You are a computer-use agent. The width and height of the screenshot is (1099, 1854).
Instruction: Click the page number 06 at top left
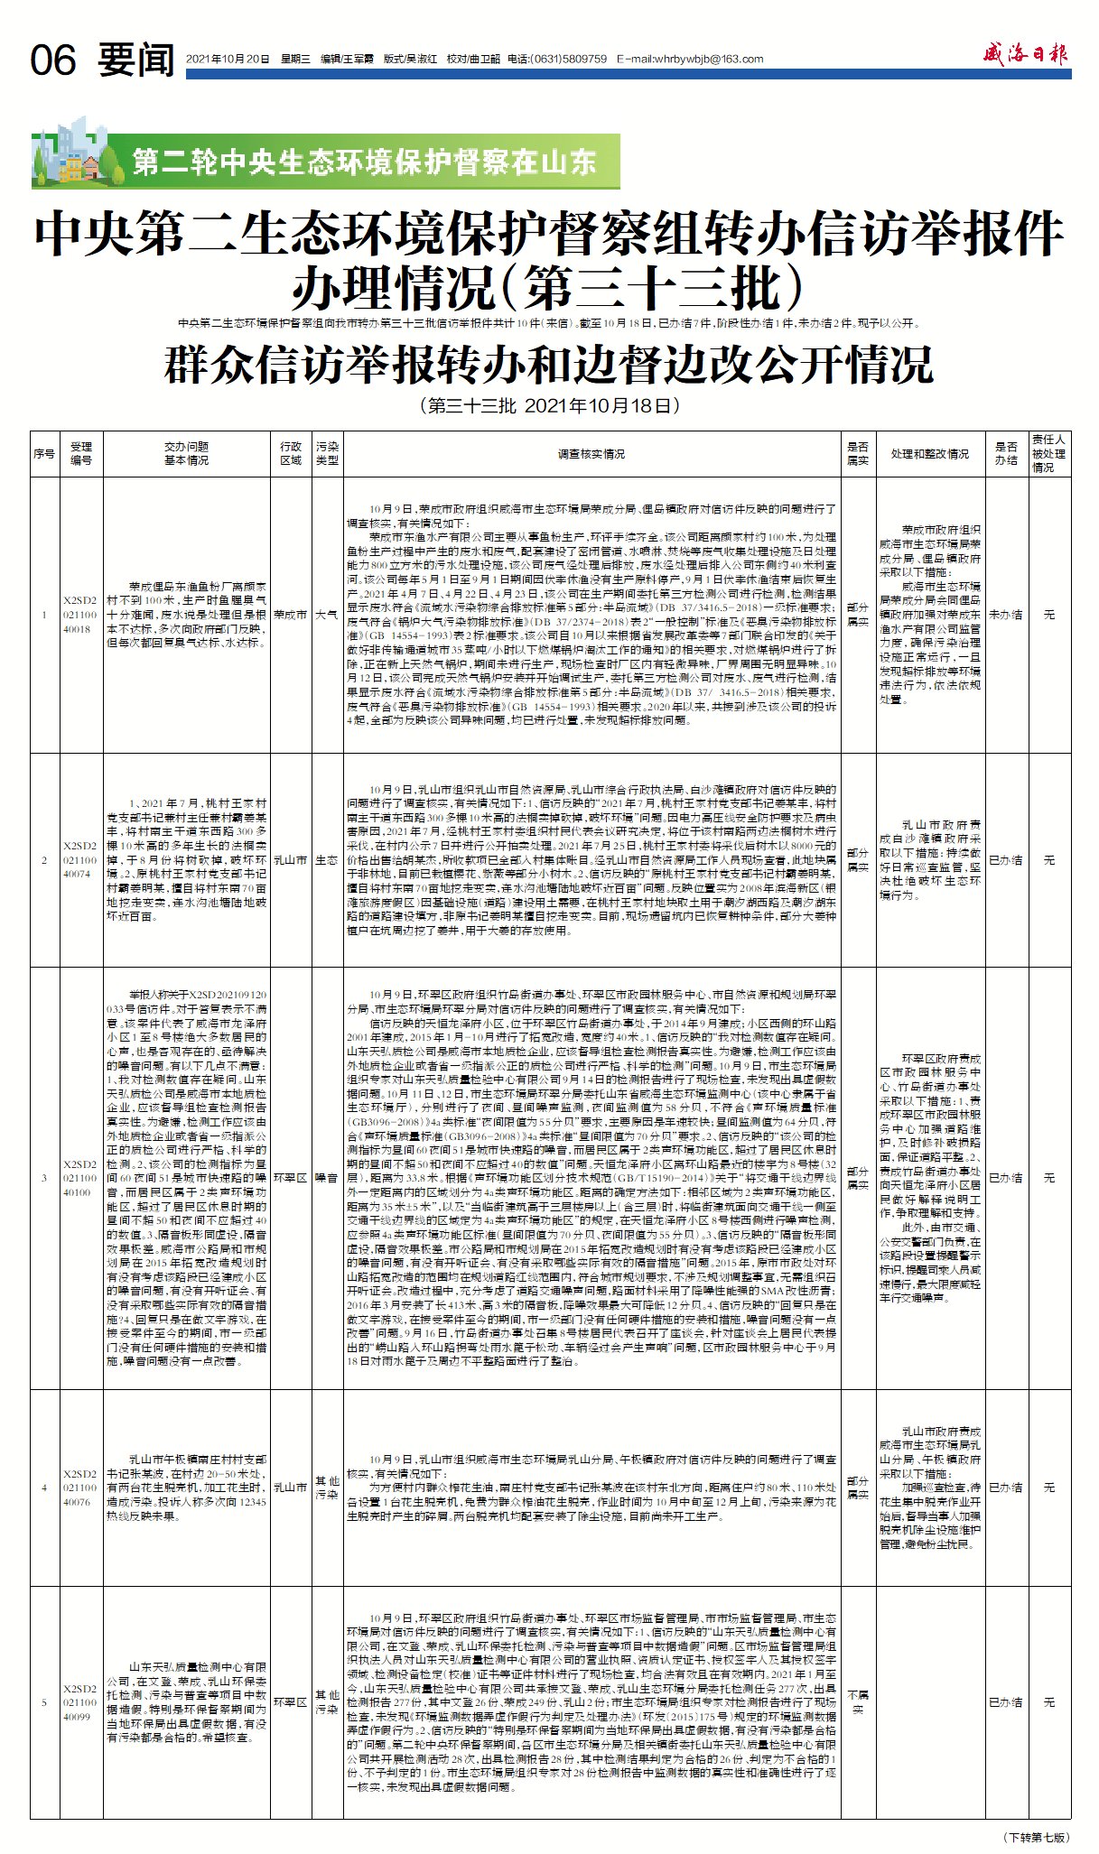coord(53,60)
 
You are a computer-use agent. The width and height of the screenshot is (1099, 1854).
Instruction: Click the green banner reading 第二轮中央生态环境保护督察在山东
coord(363,162)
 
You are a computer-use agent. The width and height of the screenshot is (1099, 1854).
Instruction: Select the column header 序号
coord(44,453)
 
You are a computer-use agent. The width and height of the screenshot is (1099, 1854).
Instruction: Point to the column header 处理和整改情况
coord(929,453)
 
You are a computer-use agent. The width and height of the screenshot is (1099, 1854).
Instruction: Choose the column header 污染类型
coord(327,453)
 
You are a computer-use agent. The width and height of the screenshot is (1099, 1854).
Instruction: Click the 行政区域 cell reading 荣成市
coord(290,615)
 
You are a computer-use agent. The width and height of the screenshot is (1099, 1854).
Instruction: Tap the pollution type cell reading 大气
coord(327,615)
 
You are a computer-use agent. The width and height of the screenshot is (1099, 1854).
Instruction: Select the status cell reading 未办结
coord(1005,614)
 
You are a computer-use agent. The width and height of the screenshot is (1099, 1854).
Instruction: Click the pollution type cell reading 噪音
coord(327,1178)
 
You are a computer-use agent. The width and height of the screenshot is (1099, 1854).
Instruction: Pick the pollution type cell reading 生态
coord(327,860)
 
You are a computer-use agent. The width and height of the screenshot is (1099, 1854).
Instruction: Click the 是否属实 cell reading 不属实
coord(857,1702)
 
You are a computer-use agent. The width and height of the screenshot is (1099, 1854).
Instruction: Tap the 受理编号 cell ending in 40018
coord(80,615)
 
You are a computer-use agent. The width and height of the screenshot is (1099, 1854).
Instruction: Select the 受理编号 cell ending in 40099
coord(80,1702)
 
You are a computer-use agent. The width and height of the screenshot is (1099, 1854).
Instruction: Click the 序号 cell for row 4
coord(44,1488)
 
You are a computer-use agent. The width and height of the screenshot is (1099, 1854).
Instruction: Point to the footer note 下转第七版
coord(1037,1837)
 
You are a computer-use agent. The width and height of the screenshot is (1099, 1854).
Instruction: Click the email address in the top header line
coord(690,60)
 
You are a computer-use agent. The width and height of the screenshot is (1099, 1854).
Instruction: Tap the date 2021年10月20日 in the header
coord(228,60)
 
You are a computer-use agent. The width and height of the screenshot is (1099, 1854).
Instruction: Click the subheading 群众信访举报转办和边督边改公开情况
coord(548,366)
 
